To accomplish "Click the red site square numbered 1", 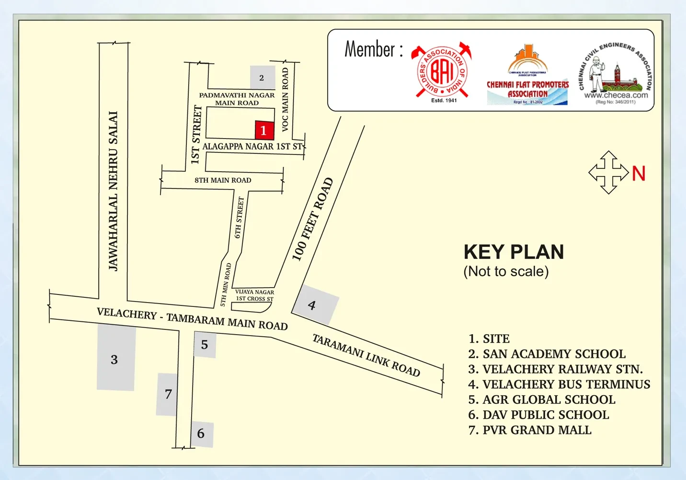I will click(x=264, y=130).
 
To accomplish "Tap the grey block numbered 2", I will click(x=262, y=78).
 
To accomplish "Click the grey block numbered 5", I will click(x=205, y=344).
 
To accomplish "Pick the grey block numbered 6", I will click(x=202, y=434).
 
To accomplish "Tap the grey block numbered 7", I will click(x=167, y=394).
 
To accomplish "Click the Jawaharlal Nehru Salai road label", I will click(x=113, y=191).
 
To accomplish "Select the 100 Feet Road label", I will click(x=312, y=219).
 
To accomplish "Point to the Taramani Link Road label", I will click(x=366, y=355).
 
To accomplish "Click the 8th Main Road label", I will click(x=223, y=180).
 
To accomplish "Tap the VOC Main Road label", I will click(x=285, y=99).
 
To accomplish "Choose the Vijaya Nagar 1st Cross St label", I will click(x=254, y=295).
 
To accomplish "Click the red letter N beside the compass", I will click(x=639, y=174).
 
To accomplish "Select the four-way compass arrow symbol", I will click(x=608, y=173).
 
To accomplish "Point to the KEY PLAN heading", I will click(x=514, y=252).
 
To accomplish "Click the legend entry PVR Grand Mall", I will click(x=530, y=430).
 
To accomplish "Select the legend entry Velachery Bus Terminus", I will click(x=559, y=384).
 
